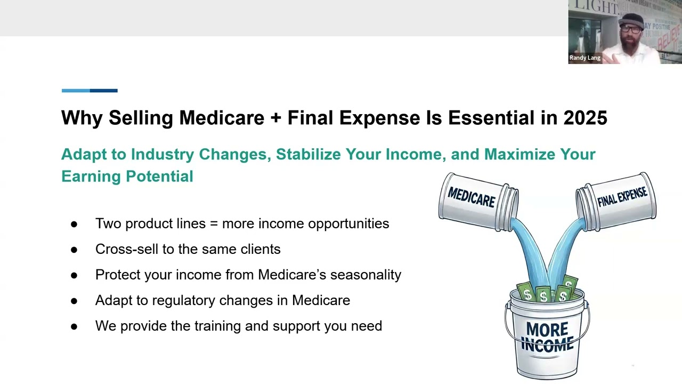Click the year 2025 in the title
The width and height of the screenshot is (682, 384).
click(585, 118)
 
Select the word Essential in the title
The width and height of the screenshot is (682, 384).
click(491, 118)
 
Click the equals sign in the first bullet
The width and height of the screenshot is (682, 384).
click(214, 224)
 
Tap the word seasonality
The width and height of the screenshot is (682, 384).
click(366, 275)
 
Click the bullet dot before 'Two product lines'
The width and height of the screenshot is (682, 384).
click(74, 225)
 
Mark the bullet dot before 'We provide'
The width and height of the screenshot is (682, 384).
click(74, 327)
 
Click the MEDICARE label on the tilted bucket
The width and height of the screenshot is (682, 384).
click(472, 197)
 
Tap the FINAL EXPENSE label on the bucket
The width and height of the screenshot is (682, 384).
click(622, 197)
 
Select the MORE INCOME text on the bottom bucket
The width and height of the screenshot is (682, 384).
click(547, 337)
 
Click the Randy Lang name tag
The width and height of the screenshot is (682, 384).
click(585, 58)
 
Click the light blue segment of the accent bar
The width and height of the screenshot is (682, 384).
click(76, 91)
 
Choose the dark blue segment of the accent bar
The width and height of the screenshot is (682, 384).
click(104, 91)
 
